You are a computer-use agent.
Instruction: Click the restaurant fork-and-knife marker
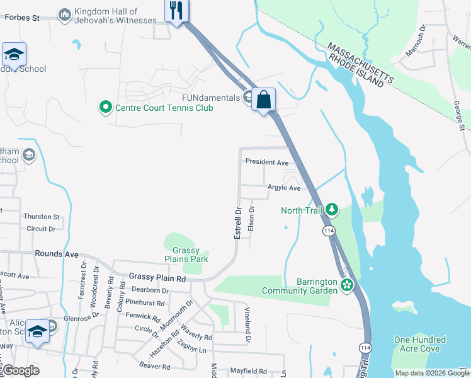(176, 11)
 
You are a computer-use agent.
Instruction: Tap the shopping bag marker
(264, 100)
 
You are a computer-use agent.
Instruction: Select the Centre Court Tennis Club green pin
(105, 108)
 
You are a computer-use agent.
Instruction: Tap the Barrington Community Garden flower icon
(346, 286)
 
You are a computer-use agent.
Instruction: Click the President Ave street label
(266, 162)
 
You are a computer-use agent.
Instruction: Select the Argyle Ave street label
(284, 188)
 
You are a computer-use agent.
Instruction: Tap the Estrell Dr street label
(238, 223)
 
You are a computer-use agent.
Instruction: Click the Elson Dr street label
(251, 219)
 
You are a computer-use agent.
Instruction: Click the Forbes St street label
(22, 18)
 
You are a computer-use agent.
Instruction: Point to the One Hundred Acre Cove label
(419, 345)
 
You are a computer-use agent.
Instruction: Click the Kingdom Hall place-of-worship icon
(64, 14)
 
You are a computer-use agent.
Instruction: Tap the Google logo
(21, 370)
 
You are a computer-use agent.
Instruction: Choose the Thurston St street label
(42, 217)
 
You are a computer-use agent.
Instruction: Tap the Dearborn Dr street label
(151, 290)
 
